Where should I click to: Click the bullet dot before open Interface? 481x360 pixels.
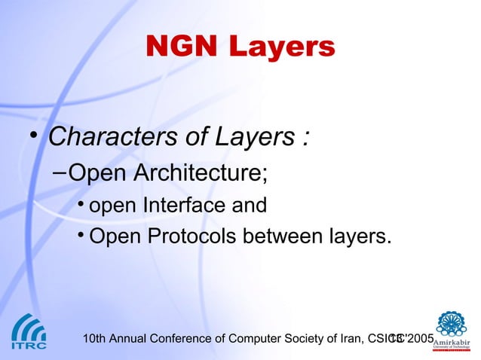point(81,205)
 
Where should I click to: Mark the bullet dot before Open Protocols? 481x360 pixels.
point(81,236)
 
